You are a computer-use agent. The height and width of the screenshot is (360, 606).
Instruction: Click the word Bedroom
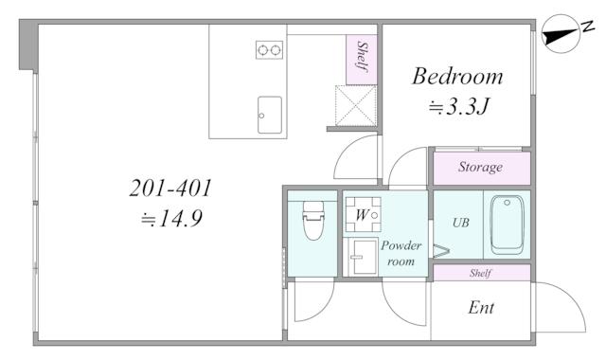(x=456, y=77)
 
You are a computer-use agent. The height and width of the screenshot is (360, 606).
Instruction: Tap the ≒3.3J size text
(x=456, y=107)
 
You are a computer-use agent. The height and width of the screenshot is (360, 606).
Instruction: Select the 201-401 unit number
(x=170, y=189)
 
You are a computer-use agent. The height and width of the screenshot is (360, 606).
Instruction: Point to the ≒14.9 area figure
(x=171, y=220)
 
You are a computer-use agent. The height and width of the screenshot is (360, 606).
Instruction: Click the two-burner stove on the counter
(x=269, y=49)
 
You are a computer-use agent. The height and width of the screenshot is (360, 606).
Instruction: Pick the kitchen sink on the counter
(x=269, y=114)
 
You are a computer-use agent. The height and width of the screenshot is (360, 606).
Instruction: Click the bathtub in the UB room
(x=508, y=224)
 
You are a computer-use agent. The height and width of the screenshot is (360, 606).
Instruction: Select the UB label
(x=460, y=224)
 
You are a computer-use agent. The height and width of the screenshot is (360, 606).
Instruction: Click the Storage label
(x=480, y=169)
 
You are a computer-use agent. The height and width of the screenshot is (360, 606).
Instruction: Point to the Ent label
(x=481, y=308)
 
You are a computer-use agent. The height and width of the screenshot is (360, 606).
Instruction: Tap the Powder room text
(x=401, y=253)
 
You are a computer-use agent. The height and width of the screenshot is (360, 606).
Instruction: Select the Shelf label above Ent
(x=481, y=273)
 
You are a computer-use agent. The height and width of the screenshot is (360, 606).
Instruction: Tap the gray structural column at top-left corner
(x=27, y=47)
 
